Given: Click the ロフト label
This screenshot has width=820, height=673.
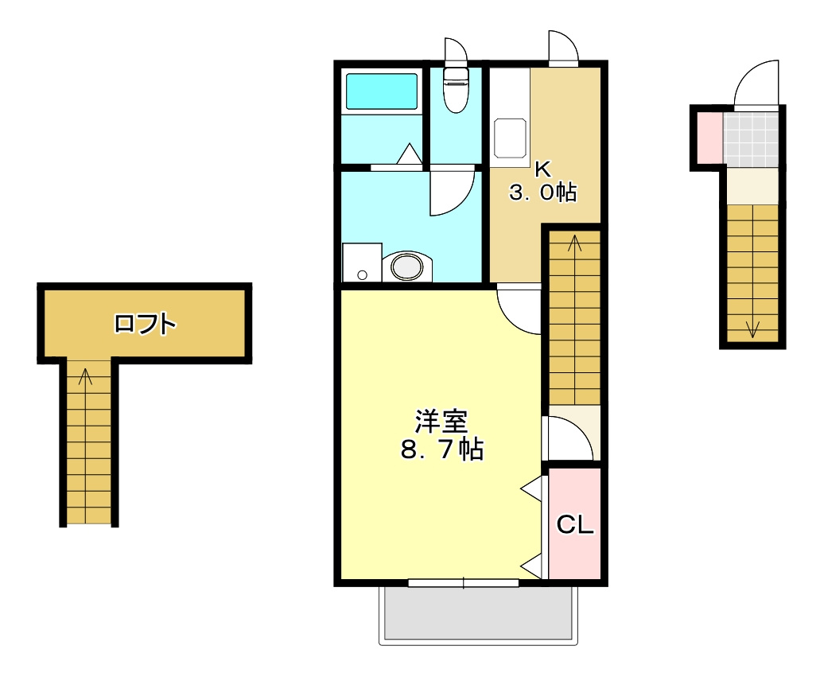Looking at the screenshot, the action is pyautogui.click(x=146, y=324).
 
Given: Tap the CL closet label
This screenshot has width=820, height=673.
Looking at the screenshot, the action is pyautogui.click(x=575, y=524).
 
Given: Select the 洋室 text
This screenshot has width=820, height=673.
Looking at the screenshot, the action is pyautogui.click(x=441, y=422).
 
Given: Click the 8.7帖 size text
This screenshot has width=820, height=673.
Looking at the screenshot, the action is pyautogui.click(x=442, y=449).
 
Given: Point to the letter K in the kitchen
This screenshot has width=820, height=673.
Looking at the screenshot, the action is pyautogui.click(x=543, y=169).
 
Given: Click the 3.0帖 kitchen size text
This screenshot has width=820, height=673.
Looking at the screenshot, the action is pyautogui.click(x=543, y=192).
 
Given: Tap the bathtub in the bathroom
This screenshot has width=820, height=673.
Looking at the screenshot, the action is pyautogui.click(x=382, y=91).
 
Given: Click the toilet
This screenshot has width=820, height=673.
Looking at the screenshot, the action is pyautogui.click(x=456, y=89).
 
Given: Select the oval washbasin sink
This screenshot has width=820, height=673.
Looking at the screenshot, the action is pyautogui.click(x=407, y=267).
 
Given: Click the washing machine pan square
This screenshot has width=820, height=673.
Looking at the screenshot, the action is pyautogui.click(x=362, y=263).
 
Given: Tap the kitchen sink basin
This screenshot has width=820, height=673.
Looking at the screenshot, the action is pyautogui.click(x=510, y=138).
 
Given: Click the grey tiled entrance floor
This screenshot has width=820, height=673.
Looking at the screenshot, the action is pyautogui.click(x=751, y=139).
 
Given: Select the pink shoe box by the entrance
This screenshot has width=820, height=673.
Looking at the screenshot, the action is pyautogui.click(x=710, y=138).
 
